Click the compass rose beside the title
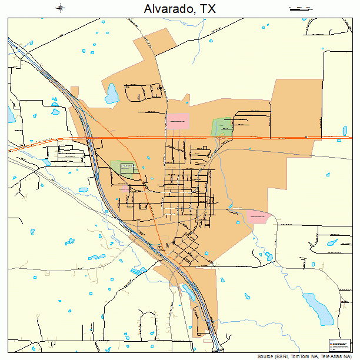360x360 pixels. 61,8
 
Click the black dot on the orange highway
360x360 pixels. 306,137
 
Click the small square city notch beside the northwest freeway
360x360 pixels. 74,91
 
